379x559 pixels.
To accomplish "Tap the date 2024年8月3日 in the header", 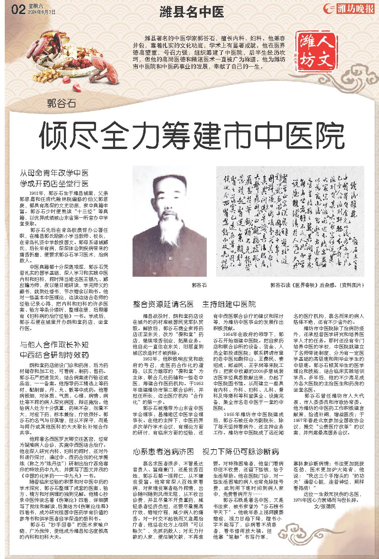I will [x=40, y=12].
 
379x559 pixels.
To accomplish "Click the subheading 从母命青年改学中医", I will [x=54, y=173].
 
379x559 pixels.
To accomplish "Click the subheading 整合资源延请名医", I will [x=164, y=304].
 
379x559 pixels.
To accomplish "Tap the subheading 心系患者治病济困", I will [x=164, y=451].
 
